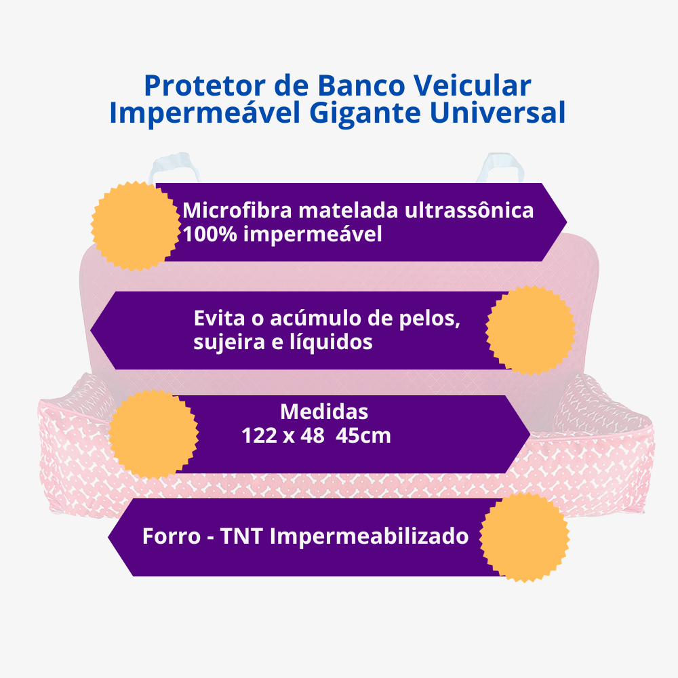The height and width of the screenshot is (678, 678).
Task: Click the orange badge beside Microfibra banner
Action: [x=132, y=226]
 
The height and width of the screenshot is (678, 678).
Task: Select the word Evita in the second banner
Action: [x=217, y=318]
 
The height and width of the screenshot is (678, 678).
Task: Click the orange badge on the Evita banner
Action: [x=531, y=330]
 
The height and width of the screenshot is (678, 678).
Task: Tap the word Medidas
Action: [x=324, y=412]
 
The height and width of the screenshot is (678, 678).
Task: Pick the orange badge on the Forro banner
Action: [x=524, y=537]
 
